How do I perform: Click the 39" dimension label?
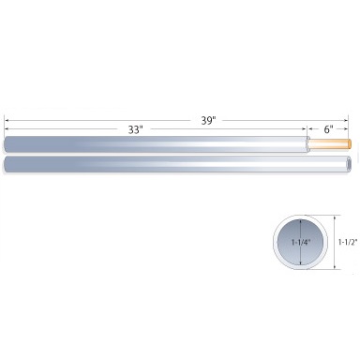point(209,120)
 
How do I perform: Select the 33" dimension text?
point(135,129)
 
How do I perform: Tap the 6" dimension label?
point(328,129)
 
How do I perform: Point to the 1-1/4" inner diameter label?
point(302,242)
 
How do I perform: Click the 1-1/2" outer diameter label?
point(348,242)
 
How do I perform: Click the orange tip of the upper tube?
point(350,144)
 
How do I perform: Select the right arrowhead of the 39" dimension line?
point(345,120)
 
